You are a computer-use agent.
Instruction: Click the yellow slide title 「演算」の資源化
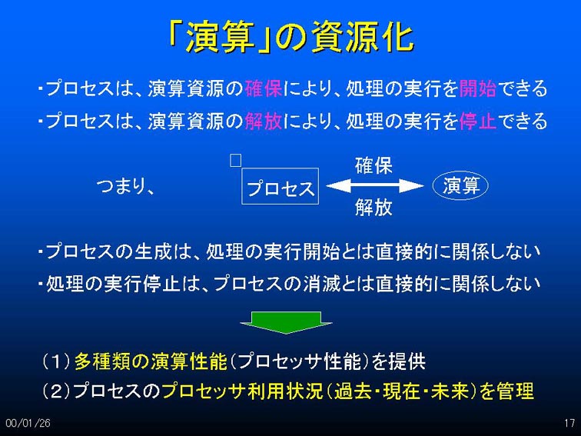[290, 37]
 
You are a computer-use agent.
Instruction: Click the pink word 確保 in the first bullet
[263, 88]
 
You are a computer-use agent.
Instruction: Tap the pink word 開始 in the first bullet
[477, 88]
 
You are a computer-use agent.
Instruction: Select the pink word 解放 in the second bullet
[263, 121]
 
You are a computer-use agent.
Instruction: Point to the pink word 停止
[477, 121]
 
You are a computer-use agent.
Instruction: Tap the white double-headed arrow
[374, 186]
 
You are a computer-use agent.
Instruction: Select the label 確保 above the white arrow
[373, 165]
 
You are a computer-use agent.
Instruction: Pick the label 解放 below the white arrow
[373, 207]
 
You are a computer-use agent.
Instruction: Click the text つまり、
[125, 186]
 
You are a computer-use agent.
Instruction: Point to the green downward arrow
[286, 322]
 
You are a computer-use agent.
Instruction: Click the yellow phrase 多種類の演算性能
[151, 361]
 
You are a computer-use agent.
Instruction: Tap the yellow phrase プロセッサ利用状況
[243, 391]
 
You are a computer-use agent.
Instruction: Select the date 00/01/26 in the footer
[28, 423]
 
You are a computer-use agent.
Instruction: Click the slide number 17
[569, 423]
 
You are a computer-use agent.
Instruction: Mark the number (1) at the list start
[56, 361]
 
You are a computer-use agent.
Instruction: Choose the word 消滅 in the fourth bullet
[321, 284]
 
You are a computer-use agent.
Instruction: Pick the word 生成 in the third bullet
[153, 251]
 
